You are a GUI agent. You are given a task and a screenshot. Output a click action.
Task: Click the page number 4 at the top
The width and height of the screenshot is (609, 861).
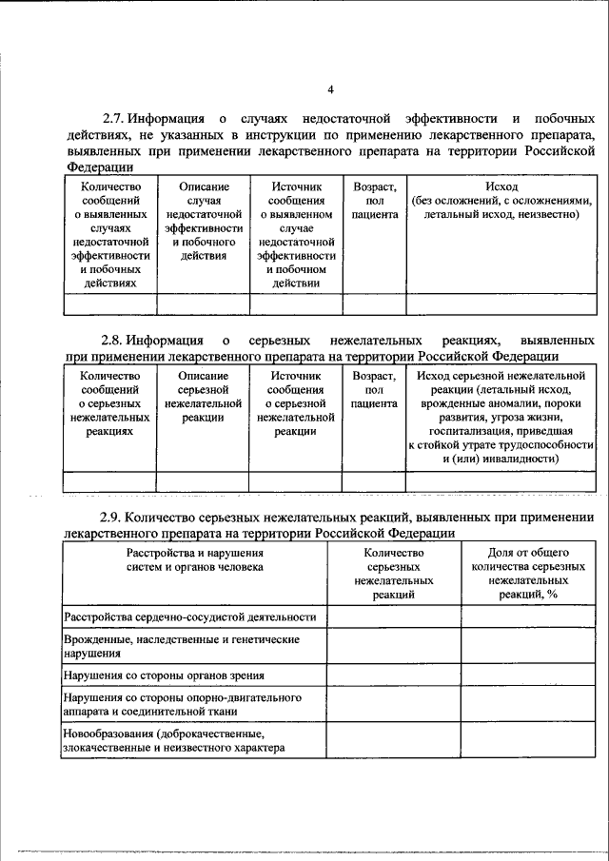point(330,90)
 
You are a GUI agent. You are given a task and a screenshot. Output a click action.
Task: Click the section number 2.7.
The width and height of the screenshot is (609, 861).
point(115,119)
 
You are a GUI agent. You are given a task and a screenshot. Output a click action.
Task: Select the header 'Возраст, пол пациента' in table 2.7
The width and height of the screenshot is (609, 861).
point(374,203)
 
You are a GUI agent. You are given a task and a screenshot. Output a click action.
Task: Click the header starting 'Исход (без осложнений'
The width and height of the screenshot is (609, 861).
point(501,202)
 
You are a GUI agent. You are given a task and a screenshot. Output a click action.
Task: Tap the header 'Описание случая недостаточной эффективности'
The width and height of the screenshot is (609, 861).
point(203,223)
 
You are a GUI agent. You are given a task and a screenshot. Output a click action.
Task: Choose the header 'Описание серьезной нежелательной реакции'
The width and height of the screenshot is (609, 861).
point(203,397)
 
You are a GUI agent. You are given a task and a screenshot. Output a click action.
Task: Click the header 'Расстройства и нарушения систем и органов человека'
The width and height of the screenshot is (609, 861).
point(195,558)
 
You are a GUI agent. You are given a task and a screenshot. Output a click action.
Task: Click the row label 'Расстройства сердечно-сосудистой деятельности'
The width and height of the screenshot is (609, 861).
point(189,617)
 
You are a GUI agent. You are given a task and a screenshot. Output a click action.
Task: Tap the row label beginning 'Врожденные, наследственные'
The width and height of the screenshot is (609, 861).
point(181,646)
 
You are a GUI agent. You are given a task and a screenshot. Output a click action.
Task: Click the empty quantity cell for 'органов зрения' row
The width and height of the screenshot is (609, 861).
point(394,675)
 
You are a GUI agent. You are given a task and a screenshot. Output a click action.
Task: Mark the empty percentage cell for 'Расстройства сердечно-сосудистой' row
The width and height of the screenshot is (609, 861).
point(527,617)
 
